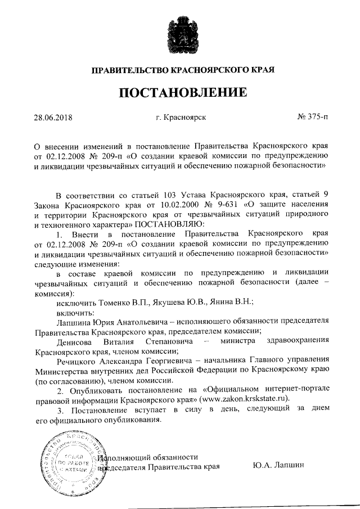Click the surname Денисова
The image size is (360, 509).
coord(76,341)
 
